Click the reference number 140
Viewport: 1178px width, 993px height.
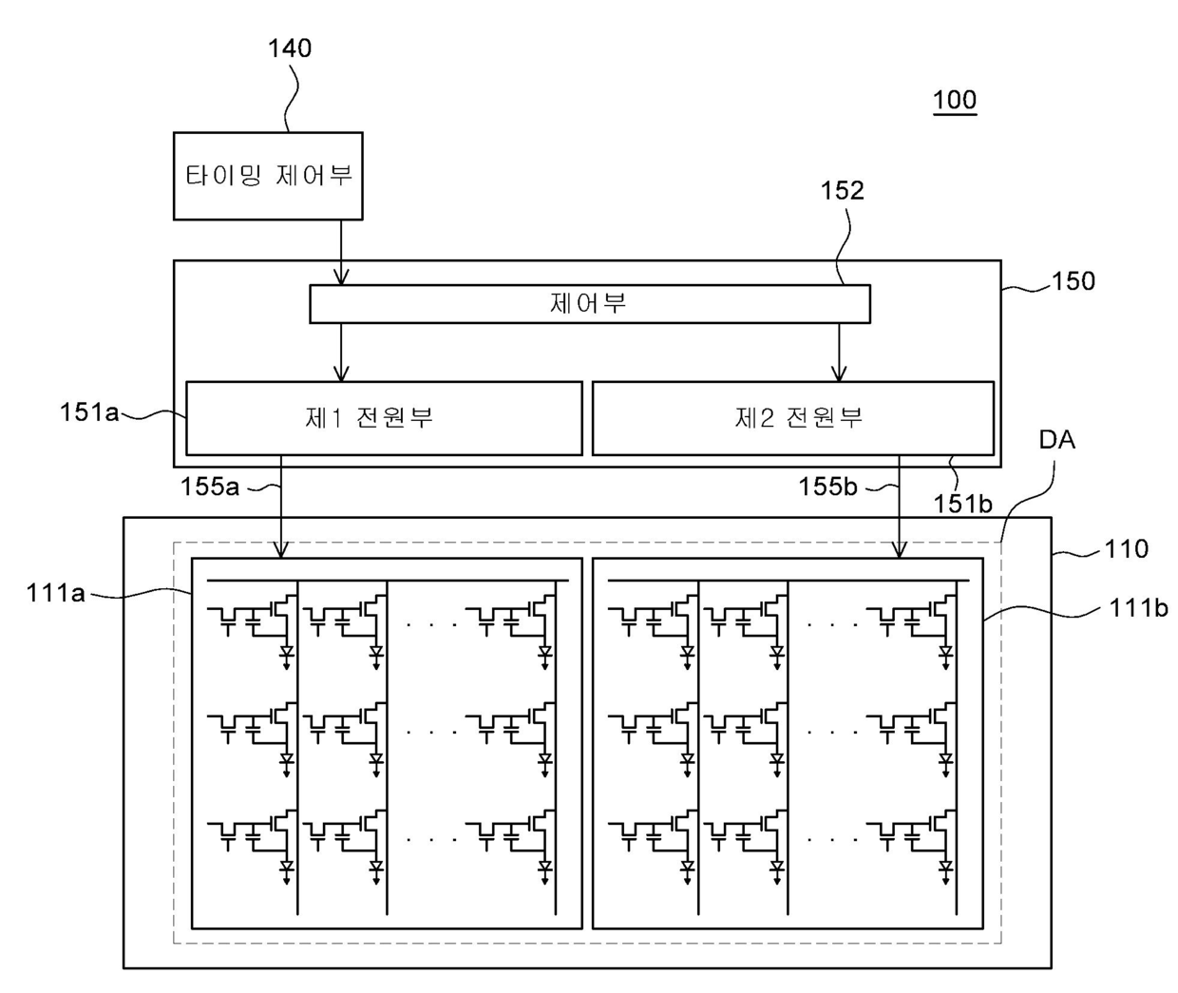[290, 48]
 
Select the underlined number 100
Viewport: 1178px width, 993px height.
[955, 100]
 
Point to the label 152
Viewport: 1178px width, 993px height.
[842, 190]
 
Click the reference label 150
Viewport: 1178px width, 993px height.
[1073, 280]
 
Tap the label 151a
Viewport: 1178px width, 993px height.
[89, 412]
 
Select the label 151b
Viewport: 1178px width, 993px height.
[962, 504]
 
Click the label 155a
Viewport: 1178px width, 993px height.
[209, 487]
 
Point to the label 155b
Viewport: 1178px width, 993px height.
[827, 487]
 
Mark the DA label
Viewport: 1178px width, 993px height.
[1057, 440]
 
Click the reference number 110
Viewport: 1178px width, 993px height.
[1126, 548]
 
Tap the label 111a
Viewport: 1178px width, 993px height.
[55, 593]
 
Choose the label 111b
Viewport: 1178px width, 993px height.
[1138, 608]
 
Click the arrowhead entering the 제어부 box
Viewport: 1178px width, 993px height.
[341, 277]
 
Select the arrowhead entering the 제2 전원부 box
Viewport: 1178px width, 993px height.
[839, 373]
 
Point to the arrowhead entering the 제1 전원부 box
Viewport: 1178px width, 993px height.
[341, 373]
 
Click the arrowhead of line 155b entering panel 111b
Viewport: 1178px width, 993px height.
[899, 550]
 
